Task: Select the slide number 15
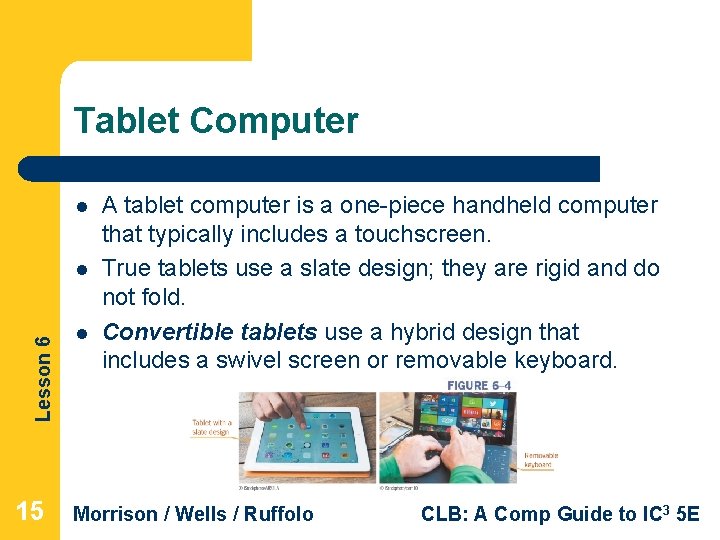31,512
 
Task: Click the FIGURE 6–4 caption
479,385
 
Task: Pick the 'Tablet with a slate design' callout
212,428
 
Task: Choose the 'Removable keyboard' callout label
541,460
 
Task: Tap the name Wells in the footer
198,514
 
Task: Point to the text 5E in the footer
688,514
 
